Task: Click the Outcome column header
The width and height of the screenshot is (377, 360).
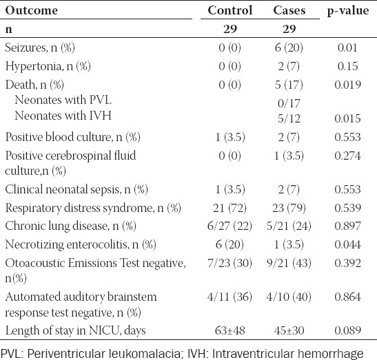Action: [32, 10]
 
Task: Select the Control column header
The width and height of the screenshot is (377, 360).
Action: [230, 10]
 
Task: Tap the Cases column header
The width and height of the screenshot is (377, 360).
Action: [289, 10]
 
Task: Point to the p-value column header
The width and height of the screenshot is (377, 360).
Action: [348, 11]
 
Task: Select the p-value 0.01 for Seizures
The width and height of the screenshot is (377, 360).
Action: [347, 47]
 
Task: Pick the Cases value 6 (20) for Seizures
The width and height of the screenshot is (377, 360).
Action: [289, 47]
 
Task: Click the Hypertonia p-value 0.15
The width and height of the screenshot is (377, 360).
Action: [347, 66]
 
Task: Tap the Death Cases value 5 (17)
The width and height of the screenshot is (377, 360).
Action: [289, 85]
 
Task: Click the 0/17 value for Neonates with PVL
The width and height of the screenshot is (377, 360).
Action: [289, 103]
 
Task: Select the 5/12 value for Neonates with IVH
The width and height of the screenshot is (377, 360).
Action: [289, 118]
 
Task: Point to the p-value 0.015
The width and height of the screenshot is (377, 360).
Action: [347, 118]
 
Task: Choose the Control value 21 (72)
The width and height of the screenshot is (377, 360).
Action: [230, 208]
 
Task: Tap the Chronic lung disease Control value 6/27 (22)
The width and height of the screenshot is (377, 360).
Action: [230, 226]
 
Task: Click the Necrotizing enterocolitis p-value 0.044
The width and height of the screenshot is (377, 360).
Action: [347, 244]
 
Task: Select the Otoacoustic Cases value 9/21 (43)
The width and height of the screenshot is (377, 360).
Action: [289, 263]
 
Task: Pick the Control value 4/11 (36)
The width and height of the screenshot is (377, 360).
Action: [230, 297]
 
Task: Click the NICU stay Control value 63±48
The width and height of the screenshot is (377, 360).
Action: [230, 330]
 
